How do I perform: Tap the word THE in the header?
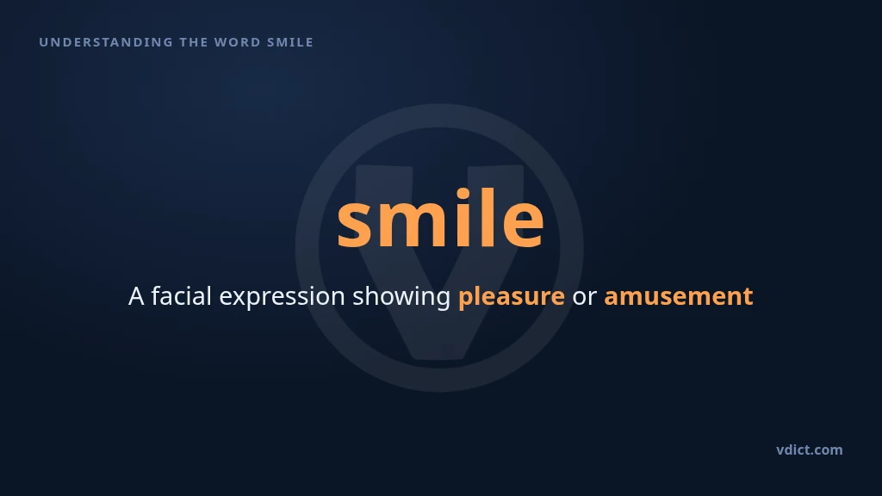click(x=193, y=42)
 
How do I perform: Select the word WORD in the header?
click(x=238, y=42)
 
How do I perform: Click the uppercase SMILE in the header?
click(x=289, y=42)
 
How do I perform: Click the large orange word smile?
click(x=440, y=218)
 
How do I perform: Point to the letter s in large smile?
click(x=356, y=225)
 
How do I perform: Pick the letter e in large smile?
click(x=523, y=225)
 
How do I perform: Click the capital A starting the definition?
click(x=136, y=296)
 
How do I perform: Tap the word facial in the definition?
click(x=181, y=296)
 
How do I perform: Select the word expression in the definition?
click(x=282, y=297)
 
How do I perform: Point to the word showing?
click(x=401, y=297)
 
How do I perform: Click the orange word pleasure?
click(x=512, y=297)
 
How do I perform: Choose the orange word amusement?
click(x=679, y=297)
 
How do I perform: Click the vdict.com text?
click(x=810, y=449)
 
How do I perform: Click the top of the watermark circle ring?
click(x=439, y=115)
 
